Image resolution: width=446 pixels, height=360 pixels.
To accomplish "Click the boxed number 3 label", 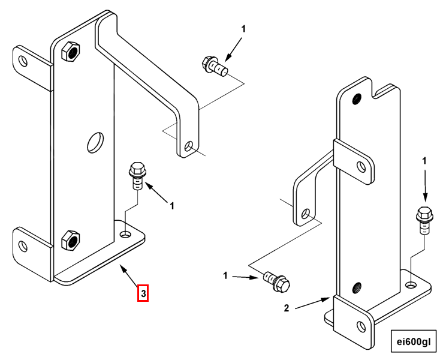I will point(143,293).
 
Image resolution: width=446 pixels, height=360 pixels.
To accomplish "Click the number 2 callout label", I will point(287,308).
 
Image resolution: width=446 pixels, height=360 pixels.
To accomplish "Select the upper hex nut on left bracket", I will point(70,52).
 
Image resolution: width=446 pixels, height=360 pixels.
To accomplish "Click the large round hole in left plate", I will point(95,142).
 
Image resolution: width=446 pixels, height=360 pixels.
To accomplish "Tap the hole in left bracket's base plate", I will point(126,233).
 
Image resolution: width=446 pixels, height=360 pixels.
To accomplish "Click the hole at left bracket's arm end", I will point(189,146).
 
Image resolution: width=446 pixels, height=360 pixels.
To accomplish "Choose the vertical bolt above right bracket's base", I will point(423,220).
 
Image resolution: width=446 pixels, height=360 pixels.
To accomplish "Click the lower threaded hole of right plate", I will point(357,288).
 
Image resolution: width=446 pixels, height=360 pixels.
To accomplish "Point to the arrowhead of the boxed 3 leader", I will point(123,269).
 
